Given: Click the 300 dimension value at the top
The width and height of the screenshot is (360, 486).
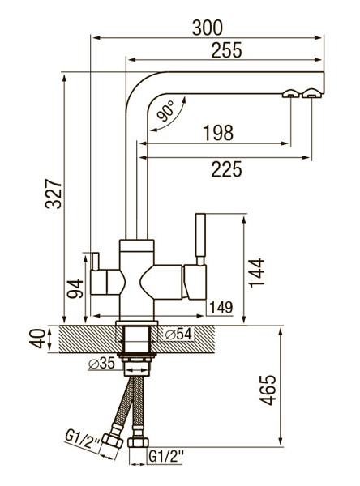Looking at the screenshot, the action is (208, 28).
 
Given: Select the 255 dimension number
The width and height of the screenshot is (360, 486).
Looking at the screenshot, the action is (226, 50).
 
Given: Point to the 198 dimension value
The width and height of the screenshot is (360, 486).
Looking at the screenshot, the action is (218, 133).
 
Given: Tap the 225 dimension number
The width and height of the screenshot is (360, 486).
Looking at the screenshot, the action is (226, 169).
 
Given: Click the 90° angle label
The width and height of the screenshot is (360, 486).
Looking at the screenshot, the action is (165, 111).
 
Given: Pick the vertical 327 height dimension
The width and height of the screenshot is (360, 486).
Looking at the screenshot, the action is (54, 194).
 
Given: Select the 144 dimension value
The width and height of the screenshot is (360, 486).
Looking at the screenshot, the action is (257, 273).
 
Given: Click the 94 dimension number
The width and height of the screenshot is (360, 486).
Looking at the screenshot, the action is (75, 288).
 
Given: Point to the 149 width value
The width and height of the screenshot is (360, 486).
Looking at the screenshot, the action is (221, 308).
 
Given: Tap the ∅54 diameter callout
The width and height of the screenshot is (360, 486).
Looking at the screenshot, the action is (178, 334).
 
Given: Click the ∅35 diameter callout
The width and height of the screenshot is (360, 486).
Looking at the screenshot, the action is (101, 363).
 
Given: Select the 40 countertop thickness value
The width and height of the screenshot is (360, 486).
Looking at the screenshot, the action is (37, 339).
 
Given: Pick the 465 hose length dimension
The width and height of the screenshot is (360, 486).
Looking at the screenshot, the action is (268, 390).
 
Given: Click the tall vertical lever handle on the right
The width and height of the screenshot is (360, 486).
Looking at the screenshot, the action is (200, 239).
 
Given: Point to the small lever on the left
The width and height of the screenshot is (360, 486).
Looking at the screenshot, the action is (95, 262).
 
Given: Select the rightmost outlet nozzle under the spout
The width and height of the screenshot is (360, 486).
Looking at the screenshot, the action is (311, 93).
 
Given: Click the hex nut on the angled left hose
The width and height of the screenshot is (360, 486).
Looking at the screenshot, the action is (113, 441).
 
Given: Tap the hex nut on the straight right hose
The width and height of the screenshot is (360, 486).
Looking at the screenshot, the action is (138, 442).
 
